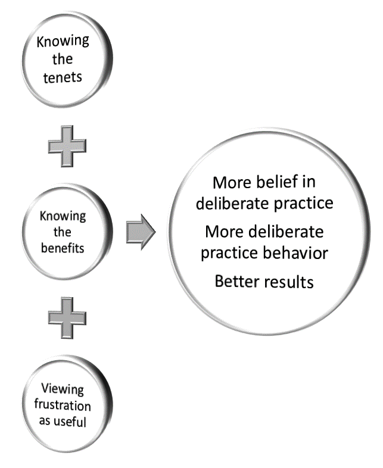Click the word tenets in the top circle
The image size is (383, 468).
pos(63,77)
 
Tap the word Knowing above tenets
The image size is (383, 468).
pos(63,42)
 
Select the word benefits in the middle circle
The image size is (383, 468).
pos(63,248)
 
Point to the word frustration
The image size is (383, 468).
pos(66,406)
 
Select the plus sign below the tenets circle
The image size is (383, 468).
pos(67,145)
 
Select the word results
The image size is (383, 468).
pos(290,280)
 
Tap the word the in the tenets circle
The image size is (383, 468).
pos(63,60)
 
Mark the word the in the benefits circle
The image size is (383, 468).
pos(63,232)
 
